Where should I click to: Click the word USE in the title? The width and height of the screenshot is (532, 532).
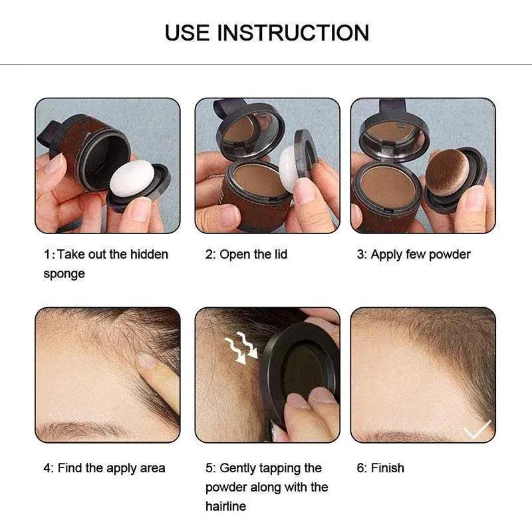189,33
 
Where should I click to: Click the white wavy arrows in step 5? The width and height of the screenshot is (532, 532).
239,348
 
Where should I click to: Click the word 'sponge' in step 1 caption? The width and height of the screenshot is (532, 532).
65,273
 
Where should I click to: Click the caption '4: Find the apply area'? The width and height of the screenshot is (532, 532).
104,468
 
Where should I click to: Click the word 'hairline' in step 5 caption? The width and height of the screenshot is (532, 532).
225,506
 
